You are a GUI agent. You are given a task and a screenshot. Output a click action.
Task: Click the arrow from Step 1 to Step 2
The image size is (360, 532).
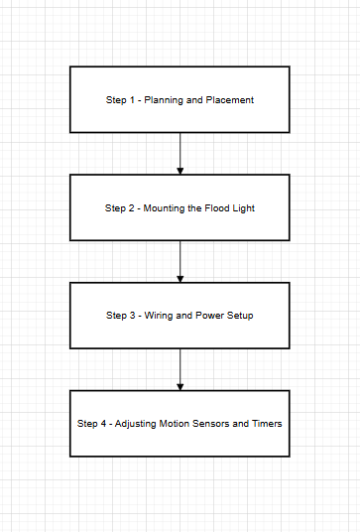pos(180,153)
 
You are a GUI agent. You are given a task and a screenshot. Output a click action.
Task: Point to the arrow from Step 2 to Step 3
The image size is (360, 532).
pos(180,261)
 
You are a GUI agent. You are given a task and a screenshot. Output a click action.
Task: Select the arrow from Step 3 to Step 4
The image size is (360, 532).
pos(180,369)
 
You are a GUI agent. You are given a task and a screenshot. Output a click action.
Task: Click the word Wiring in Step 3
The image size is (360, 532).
pos(158,316)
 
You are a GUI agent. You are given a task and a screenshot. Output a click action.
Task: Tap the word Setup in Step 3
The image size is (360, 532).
pos(240,316)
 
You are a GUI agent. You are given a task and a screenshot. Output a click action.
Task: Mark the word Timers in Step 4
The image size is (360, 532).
pos(267,424)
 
